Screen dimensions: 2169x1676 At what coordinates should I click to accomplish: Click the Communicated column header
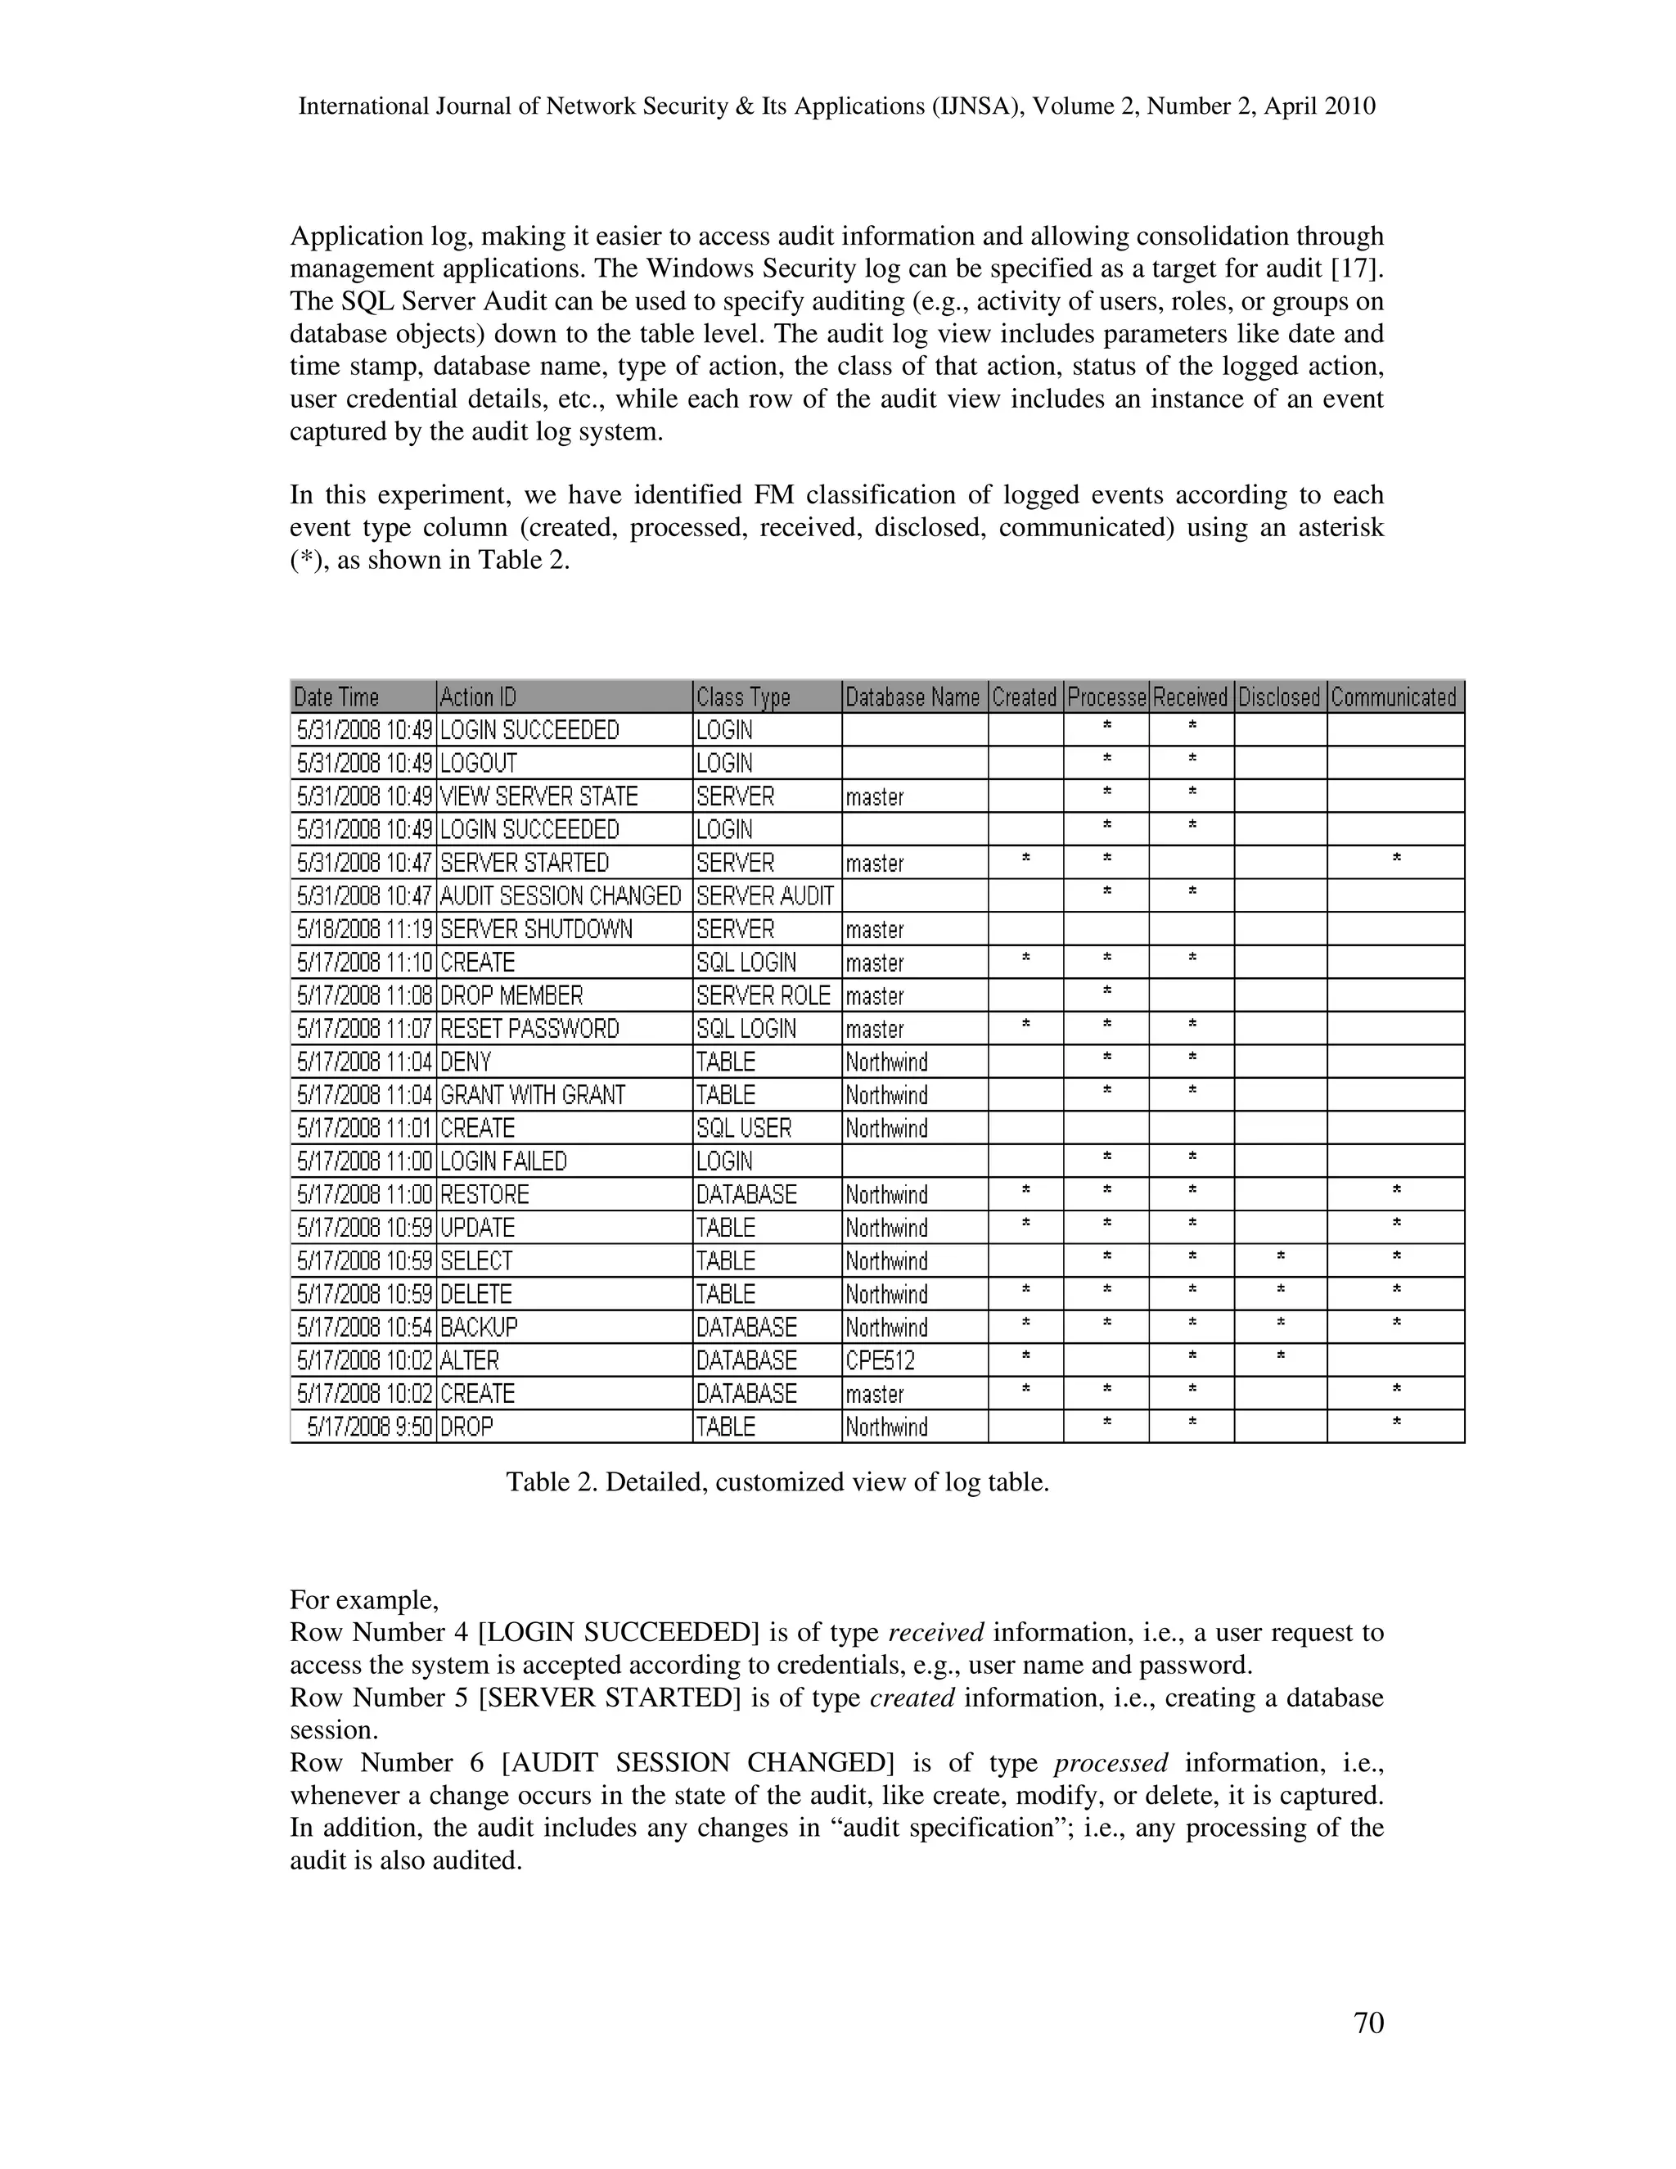[x=1394, y=697]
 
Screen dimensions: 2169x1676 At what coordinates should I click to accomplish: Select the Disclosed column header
[x=1279, y=697]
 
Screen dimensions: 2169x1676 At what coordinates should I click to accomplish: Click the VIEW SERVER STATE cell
[x=539, y=796]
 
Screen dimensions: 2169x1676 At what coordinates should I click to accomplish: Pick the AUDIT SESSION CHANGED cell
[x=561, y=895]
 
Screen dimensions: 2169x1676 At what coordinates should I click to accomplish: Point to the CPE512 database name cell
[x=880, y=1360]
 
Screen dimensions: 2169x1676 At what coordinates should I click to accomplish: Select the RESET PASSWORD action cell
[x=529, y=1029]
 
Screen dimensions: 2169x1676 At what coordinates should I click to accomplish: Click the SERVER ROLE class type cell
[x=763, y=996]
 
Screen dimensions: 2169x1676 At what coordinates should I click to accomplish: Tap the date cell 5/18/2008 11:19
[x=363, y=930]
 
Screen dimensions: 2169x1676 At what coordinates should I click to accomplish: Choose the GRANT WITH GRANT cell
[x=534, y=1095]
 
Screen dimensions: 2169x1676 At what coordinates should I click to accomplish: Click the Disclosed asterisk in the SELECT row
[x=1281, y=1258]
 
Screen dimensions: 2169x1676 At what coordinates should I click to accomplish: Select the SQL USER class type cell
[x=744, y=1128]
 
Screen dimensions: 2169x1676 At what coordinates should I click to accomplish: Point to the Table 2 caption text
[x=777, y=1483]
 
